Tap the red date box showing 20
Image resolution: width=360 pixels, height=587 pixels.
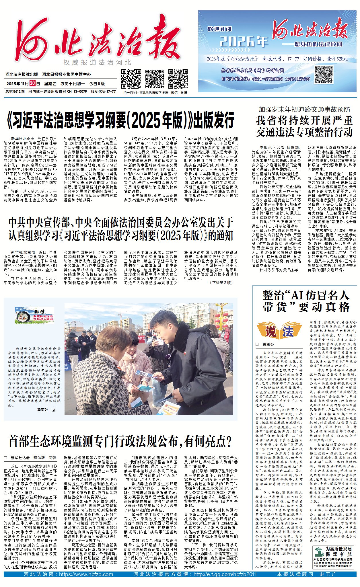point(32,83)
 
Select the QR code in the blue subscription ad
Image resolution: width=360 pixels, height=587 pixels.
point(324,74)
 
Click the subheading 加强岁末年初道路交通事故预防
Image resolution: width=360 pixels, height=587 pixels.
point(304,109)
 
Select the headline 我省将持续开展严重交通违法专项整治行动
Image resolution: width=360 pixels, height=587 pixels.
point(304,126)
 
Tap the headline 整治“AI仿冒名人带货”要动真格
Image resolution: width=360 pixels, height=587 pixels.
point(306,301)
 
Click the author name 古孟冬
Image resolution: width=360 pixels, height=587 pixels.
point(268,344)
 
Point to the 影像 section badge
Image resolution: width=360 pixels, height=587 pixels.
point(34,315)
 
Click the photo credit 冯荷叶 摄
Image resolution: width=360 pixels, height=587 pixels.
point(46,410)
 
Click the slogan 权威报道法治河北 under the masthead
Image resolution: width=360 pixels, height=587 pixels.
point(98,63)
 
